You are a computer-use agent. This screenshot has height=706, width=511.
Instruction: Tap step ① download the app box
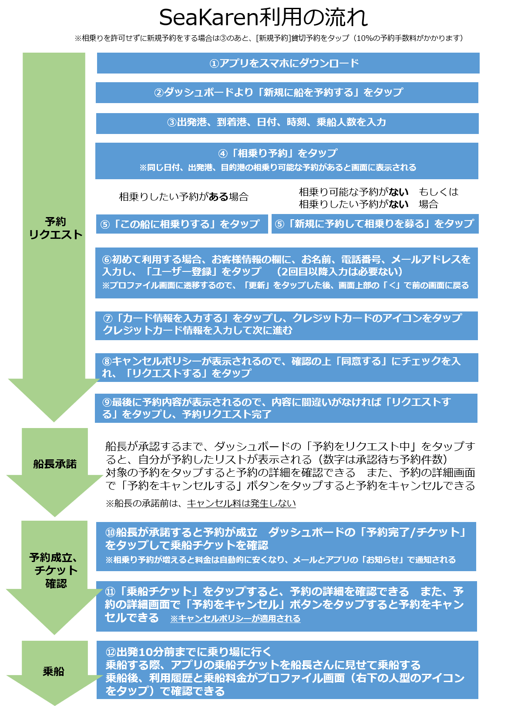288,63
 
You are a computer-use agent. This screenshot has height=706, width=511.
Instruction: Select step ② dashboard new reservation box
287,92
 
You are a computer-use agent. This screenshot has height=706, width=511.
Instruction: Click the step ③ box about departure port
287,123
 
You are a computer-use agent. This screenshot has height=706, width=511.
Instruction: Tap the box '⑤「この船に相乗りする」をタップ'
182,224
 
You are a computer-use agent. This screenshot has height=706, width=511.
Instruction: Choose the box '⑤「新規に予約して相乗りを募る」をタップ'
375,224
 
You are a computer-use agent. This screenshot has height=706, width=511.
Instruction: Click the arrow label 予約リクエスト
56,228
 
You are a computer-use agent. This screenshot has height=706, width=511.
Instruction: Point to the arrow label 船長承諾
55,464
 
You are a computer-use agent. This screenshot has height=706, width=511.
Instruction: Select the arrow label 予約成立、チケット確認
54,570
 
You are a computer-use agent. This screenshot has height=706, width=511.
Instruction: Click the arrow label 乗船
54,671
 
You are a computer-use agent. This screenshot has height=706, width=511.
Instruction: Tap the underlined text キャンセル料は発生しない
241,503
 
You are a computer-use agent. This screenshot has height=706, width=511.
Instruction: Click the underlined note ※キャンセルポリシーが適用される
235,619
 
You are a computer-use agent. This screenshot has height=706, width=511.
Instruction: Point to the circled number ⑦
108,318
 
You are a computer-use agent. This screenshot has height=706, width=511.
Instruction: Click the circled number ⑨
107,402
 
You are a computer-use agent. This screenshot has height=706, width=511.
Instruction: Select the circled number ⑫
111,652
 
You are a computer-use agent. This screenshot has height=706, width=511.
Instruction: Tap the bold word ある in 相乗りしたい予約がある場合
218,197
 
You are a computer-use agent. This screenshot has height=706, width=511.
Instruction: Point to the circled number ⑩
111,532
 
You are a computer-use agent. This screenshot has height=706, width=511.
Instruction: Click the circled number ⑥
107,259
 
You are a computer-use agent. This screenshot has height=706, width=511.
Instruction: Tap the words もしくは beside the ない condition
438,192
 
